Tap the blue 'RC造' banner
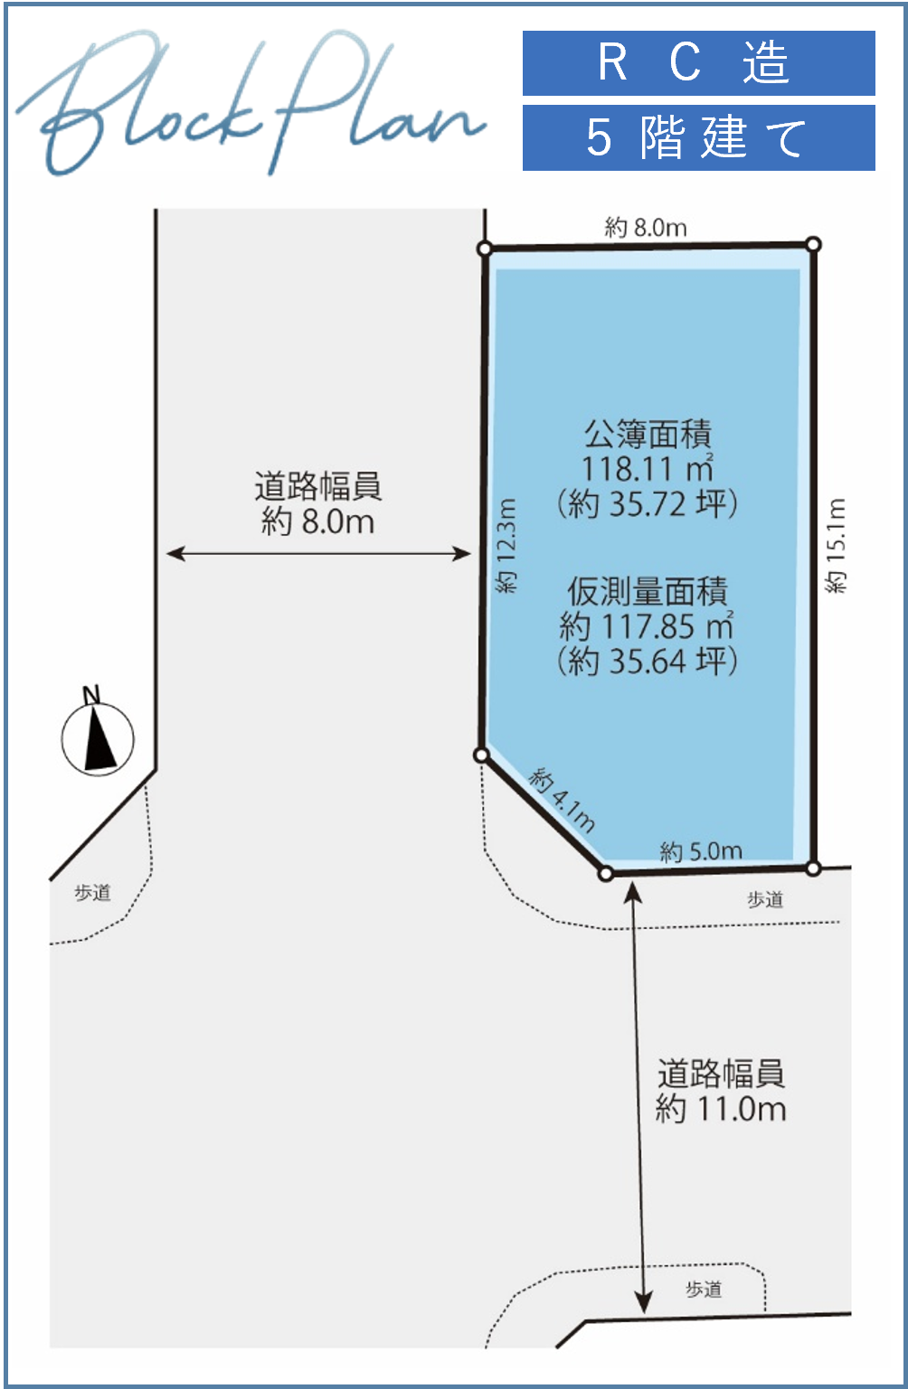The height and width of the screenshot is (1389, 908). point(698,63)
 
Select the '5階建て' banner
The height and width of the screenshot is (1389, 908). point(698,137)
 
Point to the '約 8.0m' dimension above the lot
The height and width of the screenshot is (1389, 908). point(646,229)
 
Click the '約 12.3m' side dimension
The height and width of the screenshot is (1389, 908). point(506,546)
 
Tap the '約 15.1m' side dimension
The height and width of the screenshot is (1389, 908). point(836,546)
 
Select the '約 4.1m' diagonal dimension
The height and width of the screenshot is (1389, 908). point(562,800)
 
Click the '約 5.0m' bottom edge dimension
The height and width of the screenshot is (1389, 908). point(701,851)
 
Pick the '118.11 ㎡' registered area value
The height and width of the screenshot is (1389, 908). point(648,468)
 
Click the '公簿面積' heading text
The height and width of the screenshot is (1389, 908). point(648,434)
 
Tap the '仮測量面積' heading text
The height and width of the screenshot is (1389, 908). point(648,591)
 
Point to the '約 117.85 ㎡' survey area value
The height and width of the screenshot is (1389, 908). point(647,625)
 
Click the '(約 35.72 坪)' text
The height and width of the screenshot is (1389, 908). point(648,503)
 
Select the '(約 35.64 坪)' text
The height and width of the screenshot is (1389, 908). point(648,661)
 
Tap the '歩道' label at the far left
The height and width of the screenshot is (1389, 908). point(92,893)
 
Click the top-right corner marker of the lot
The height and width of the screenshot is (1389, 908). point(813,244)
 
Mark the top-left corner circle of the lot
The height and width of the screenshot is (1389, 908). point(485,249)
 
